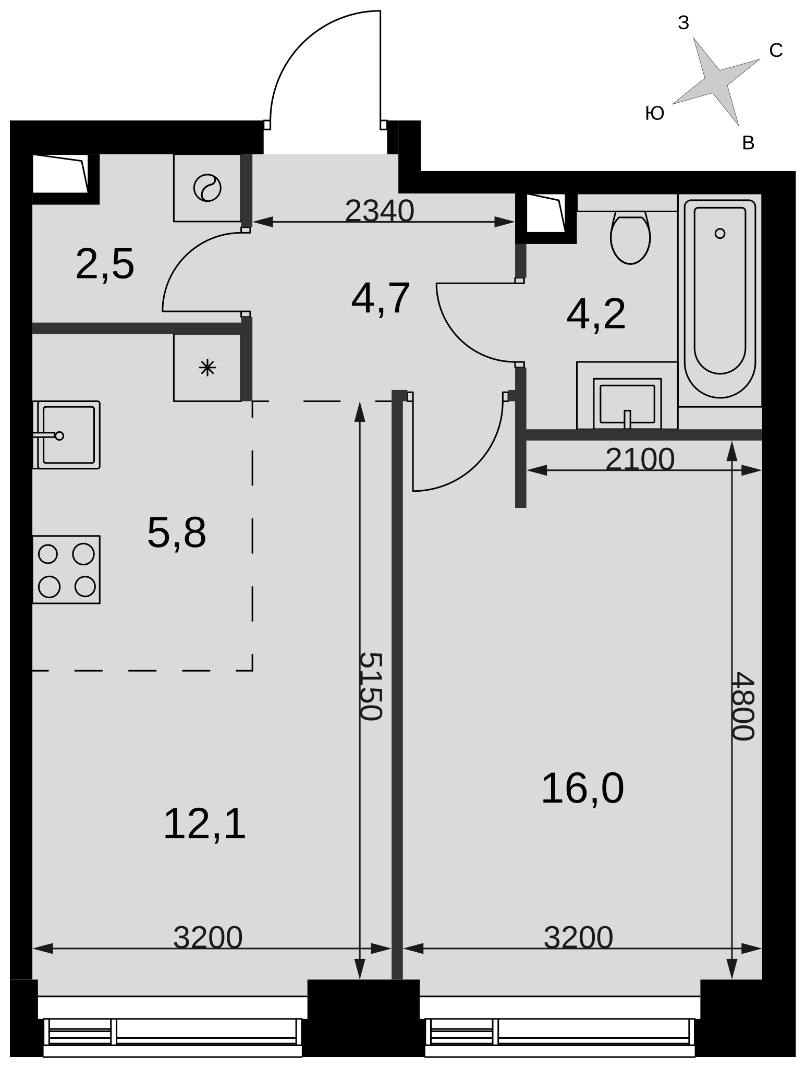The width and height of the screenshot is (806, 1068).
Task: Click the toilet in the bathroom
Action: pos(630,237)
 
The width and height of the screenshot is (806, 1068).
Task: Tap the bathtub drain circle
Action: pos(720,233)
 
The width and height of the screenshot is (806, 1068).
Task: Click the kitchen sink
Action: pos(66,435)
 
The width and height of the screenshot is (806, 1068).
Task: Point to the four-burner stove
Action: pos(66,569)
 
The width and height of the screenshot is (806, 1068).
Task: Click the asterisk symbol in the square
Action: pos(207,368)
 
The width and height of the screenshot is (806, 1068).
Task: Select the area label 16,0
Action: pos(582,788)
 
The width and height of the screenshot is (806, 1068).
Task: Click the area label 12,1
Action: pos(204,824)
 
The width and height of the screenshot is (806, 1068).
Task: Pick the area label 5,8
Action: pos(177,533)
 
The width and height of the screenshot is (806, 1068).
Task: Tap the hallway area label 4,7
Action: pos(381,298)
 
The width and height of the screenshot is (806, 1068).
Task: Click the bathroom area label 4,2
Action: pos(596,314)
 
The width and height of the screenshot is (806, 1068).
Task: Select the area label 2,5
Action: pos(105,264)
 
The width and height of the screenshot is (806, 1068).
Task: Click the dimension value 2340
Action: pos(380,211)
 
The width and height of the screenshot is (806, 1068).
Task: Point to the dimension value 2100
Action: pos(640,459)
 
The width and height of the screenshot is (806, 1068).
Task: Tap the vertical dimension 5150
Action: pos(371,686)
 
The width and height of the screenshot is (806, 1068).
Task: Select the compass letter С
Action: pos(776,51)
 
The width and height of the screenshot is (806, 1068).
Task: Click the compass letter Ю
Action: pos(655,113)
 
